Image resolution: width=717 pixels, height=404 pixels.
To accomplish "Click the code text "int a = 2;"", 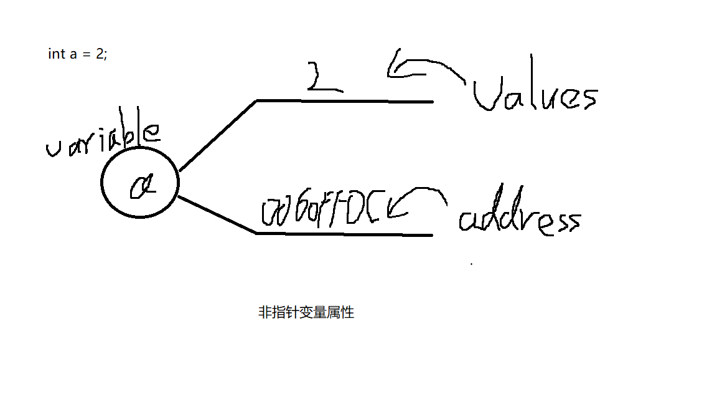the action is (x=78, y=54).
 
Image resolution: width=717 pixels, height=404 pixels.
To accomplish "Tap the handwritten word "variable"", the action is (x=103, y=140).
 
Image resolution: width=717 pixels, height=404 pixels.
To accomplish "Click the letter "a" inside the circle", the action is (x=141, y=185).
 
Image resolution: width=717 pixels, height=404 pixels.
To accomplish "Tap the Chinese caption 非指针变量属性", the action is (x=306, y=313).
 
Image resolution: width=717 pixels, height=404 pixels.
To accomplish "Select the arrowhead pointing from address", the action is (x=391, y=209).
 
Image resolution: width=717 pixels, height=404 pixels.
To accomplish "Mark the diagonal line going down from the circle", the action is (x=218, y=215).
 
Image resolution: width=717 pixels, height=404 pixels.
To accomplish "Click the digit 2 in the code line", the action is (x=100, y=54).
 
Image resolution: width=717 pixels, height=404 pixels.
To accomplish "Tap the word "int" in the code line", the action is (x=56, y=54).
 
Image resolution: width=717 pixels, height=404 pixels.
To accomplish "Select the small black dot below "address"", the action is (x=471, y=264).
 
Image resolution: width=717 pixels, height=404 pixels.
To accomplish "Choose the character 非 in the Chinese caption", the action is (x=264, y=313).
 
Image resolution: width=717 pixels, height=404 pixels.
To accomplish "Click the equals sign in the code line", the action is (x=88, y=54).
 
